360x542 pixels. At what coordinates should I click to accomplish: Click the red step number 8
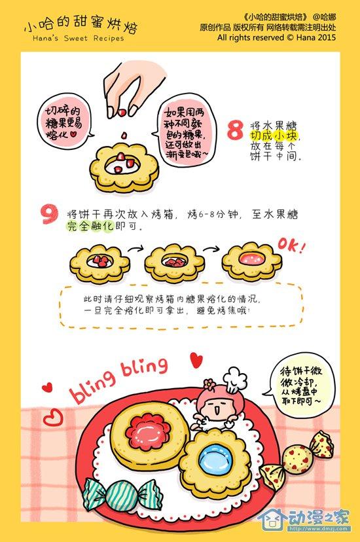pyautogui.click(x=235, y=130)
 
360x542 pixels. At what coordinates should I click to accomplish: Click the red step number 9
pyautogui.click(x=49, y=214)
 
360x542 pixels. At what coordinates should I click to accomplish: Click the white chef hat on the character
pyautogui.click(x=235, y=380)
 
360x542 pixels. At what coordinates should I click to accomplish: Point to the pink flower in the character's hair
pyautogui.click(x=209, y=384)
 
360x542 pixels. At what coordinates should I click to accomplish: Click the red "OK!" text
pyautogui.click(x=292, y=245)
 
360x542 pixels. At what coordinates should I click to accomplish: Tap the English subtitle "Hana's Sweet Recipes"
pyautogui.click(x=79, y=38)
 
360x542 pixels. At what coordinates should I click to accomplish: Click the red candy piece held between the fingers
pyautogui.click(x=122, y=113)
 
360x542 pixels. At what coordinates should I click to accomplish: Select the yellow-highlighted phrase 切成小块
pyautogui.click(x=274, y=135)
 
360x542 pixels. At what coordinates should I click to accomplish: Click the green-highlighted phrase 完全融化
pyautogui.click(x=90, y=226)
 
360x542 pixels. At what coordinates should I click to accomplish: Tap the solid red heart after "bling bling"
pyautogui.click(x=196, y=360)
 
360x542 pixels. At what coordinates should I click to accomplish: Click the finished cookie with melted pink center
pyautogui.click(x=251, y=262)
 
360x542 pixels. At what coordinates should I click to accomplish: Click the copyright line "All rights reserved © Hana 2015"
pyautogui.click(x=276, y=37)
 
